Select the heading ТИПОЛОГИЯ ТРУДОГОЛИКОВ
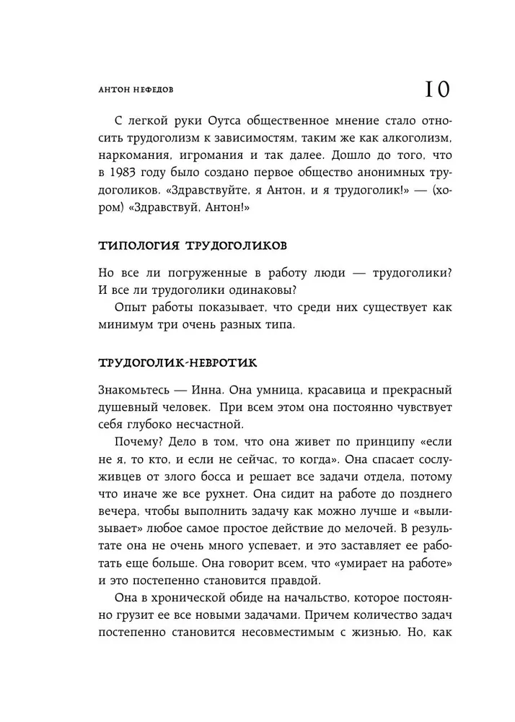[186, 245]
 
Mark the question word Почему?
[137, 443]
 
